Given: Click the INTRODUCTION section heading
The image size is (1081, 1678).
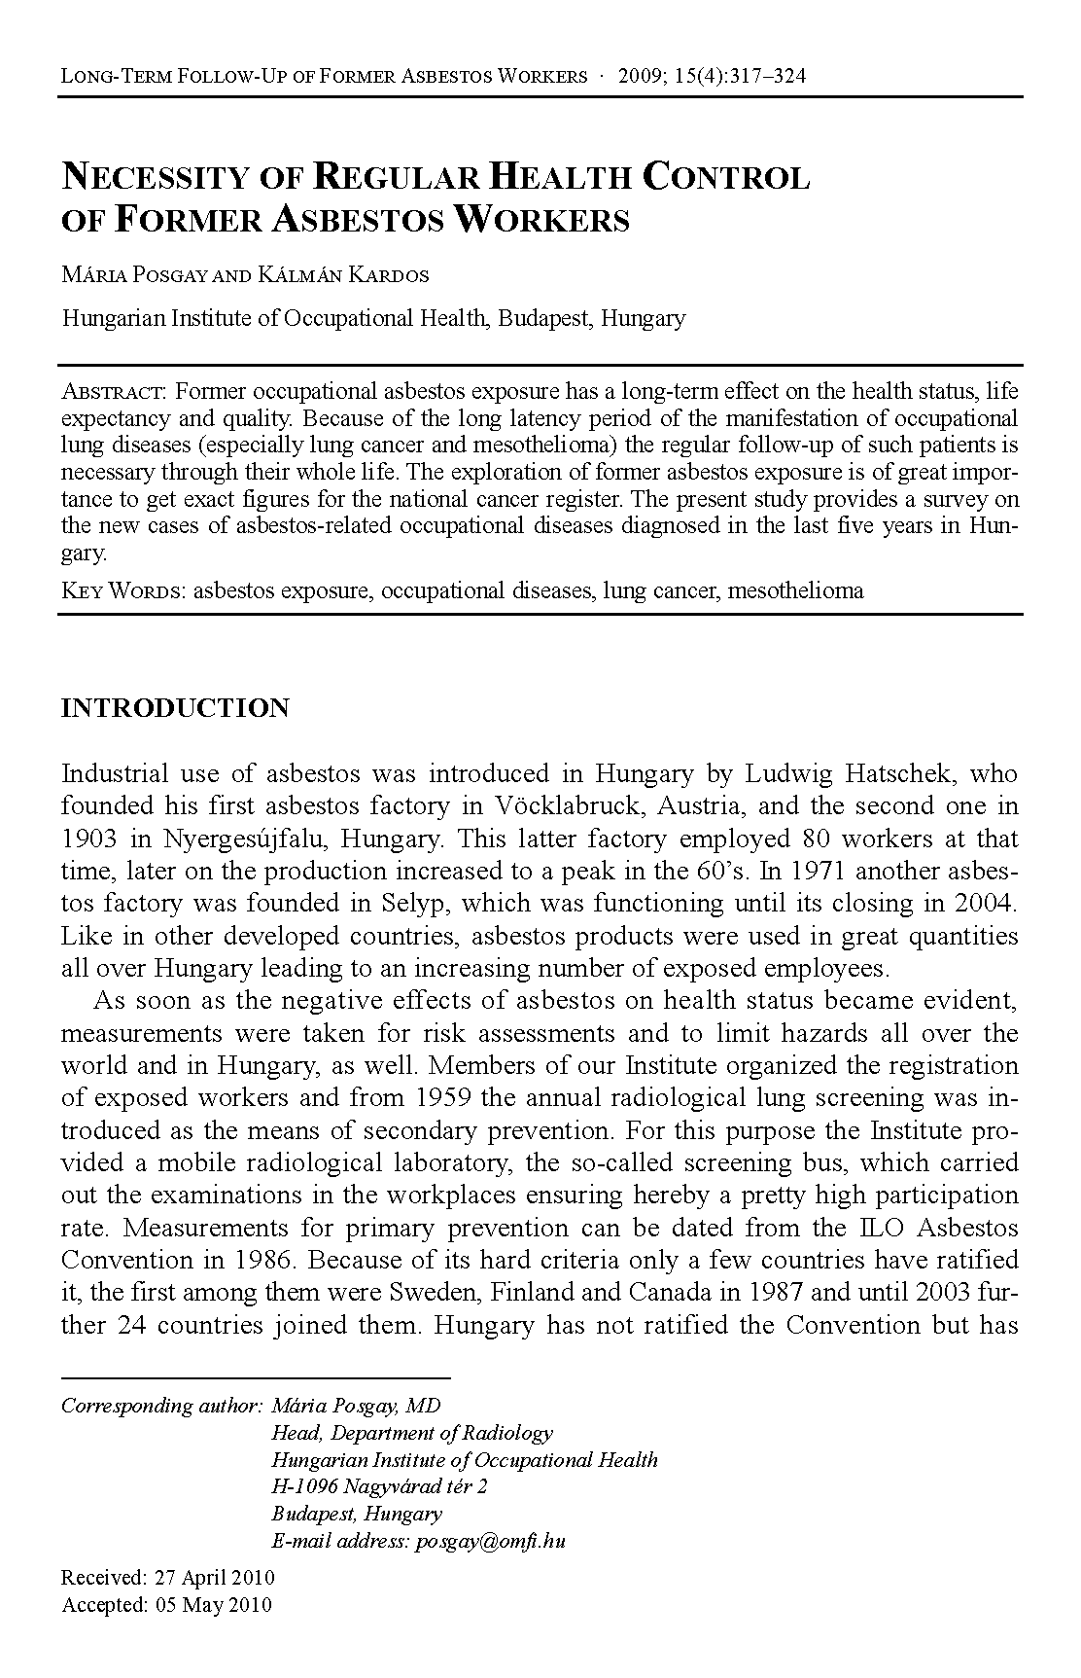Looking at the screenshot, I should click(x=175, y=708).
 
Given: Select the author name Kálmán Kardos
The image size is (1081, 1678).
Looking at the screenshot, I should click(x=344, y=275).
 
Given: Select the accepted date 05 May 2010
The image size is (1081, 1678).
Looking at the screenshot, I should click(x=213, y=1605).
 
